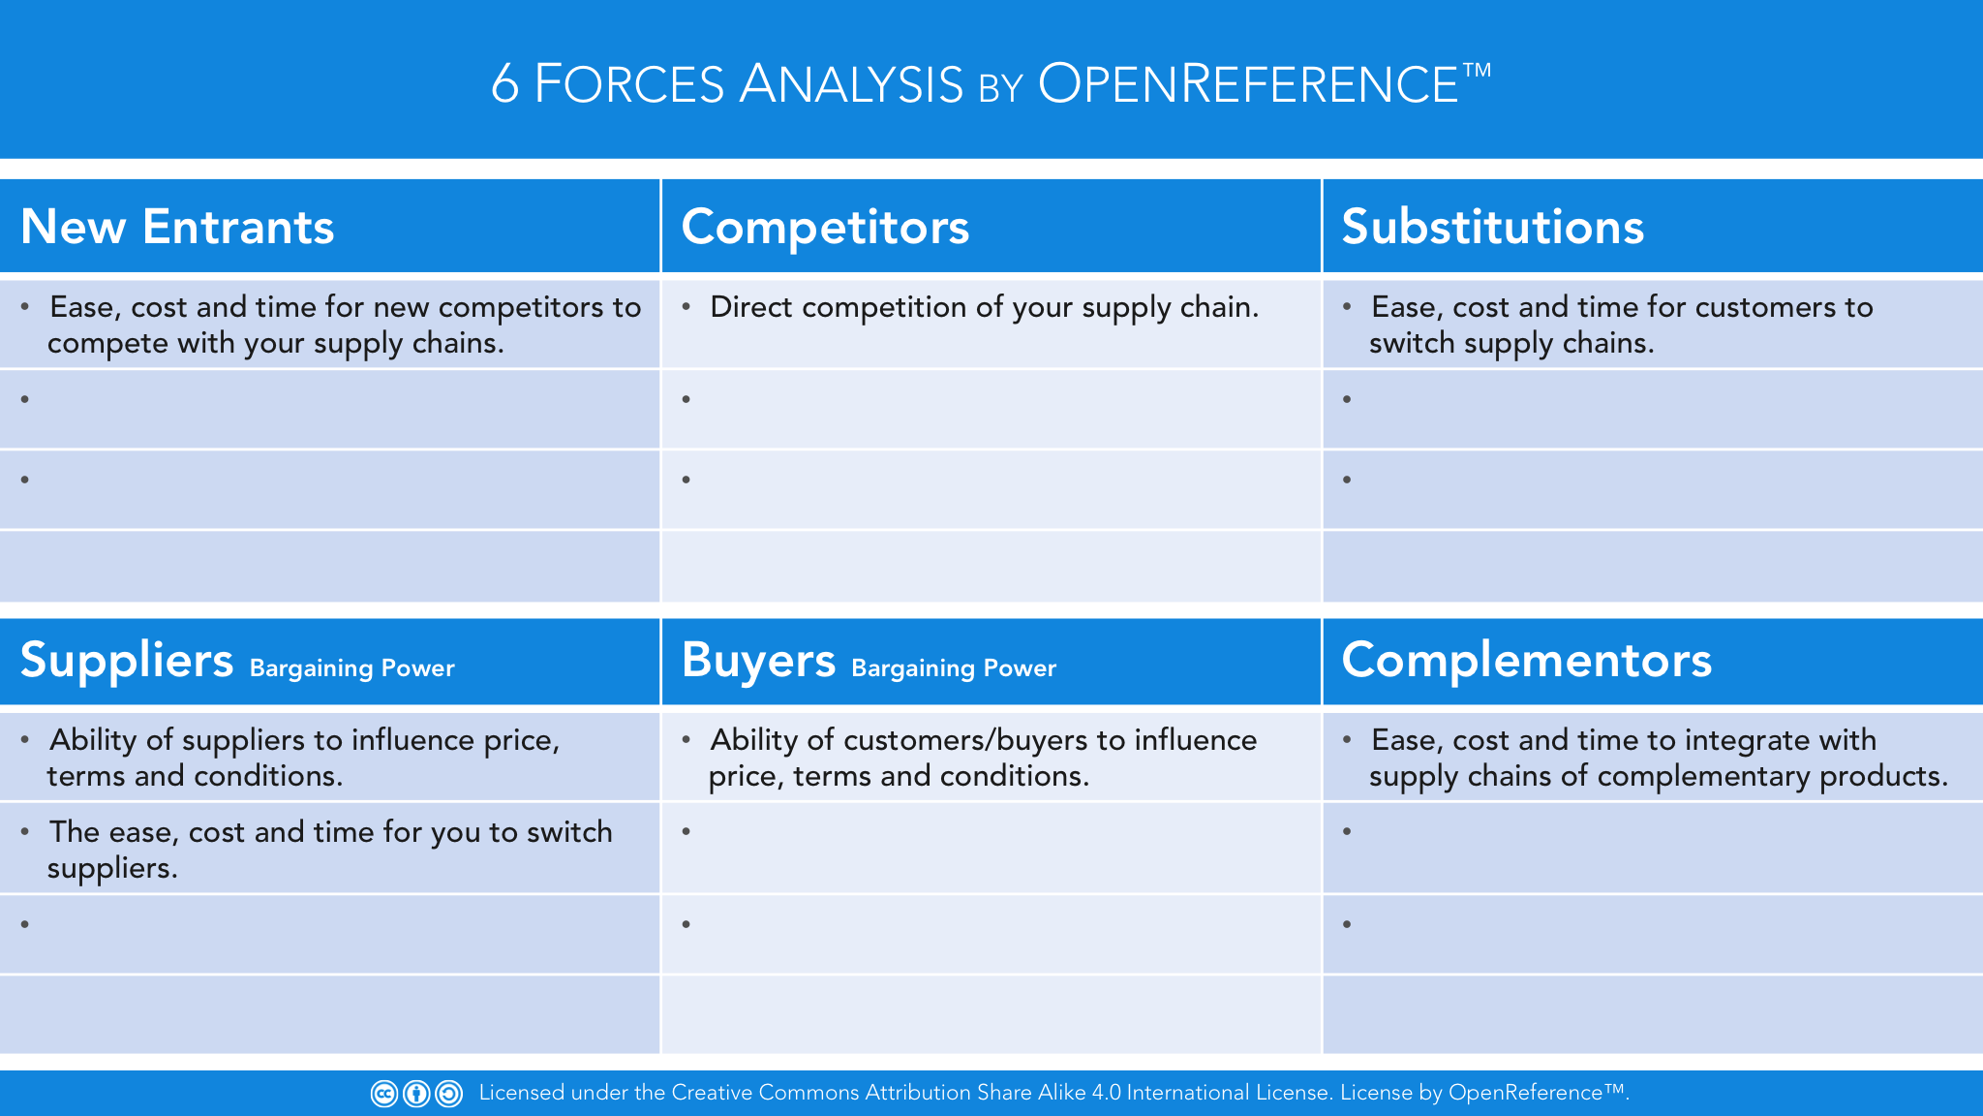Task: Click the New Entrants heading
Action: click(x=177, y=227)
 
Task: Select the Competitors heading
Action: click(x=825, y=227)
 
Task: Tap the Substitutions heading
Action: click(x=1492, y=227)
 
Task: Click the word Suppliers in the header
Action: click(x=127, y=661)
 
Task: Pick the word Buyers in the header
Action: click(x=758, y=661)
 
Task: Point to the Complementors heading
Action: click(x=1526, y=660)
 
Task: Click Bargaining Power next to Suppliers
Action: click(x=351, y=668)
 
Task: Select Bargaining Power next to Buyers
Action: click(x=954, y=668)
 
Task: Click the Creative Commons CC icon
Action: click(x=384, y=1094)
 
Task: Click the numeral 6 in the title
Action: click(x=504, y=84)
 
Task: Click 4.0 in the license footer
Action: click(x=1106, y=1093)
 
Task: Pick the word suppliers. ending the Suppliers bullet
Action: click(x=112, y=869)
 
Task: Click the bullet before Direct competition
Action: click(x=686, y=307)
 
